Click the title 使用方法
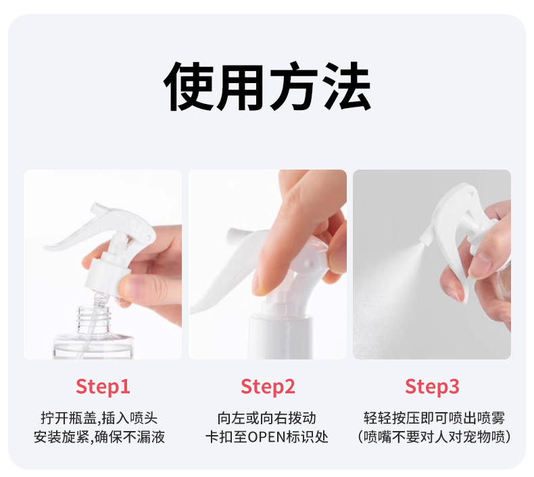tap(268, 87)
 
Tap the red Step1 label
tap(103, 387)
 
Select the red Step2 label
tap(268, 387)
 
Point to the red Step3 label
tap(432, 387)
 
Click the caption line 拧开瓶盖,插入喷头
tap(103, 418)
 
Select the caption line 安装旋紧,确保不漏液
tap(103, 437)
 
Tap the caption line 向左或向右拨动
tap(268, 418)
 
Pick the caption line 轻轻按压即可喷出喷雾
tap(433, 418)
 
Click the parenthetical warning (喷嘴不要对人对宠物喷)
tap(433, 437)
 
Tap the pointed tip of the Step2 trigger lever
tap(195, 310)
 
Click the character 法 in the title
tap(347, 87)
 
